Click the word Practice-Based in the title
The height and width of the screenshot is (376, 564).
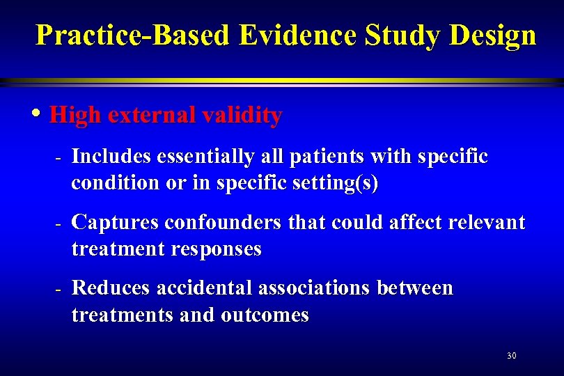(132, 35)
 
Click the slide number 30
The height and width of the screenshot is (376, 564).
(512, 357)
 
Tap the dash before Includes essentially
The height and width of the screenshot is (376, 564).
(59, 159)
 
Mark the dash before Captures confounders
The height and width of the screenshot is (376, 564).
(59, 224)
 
